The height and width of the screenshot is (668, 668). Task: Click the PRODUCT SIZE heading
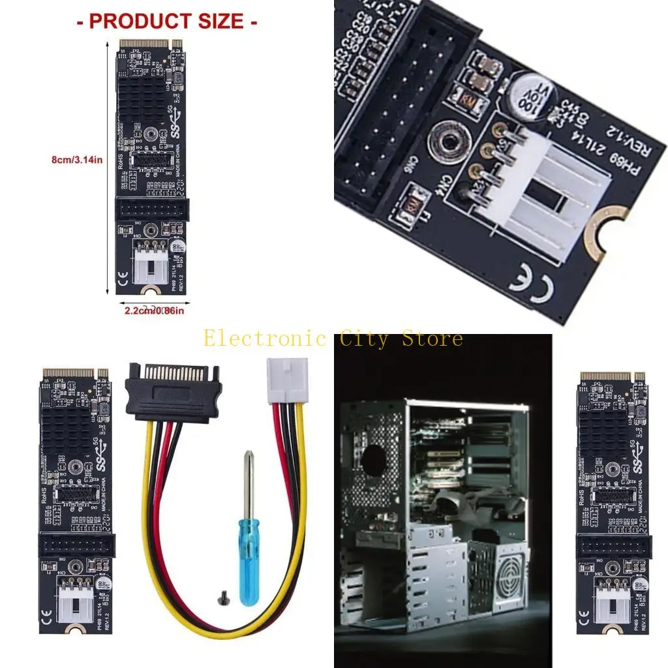point(167,21)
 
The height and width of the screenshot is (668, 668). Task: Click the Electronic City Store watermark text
point(333,339)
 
